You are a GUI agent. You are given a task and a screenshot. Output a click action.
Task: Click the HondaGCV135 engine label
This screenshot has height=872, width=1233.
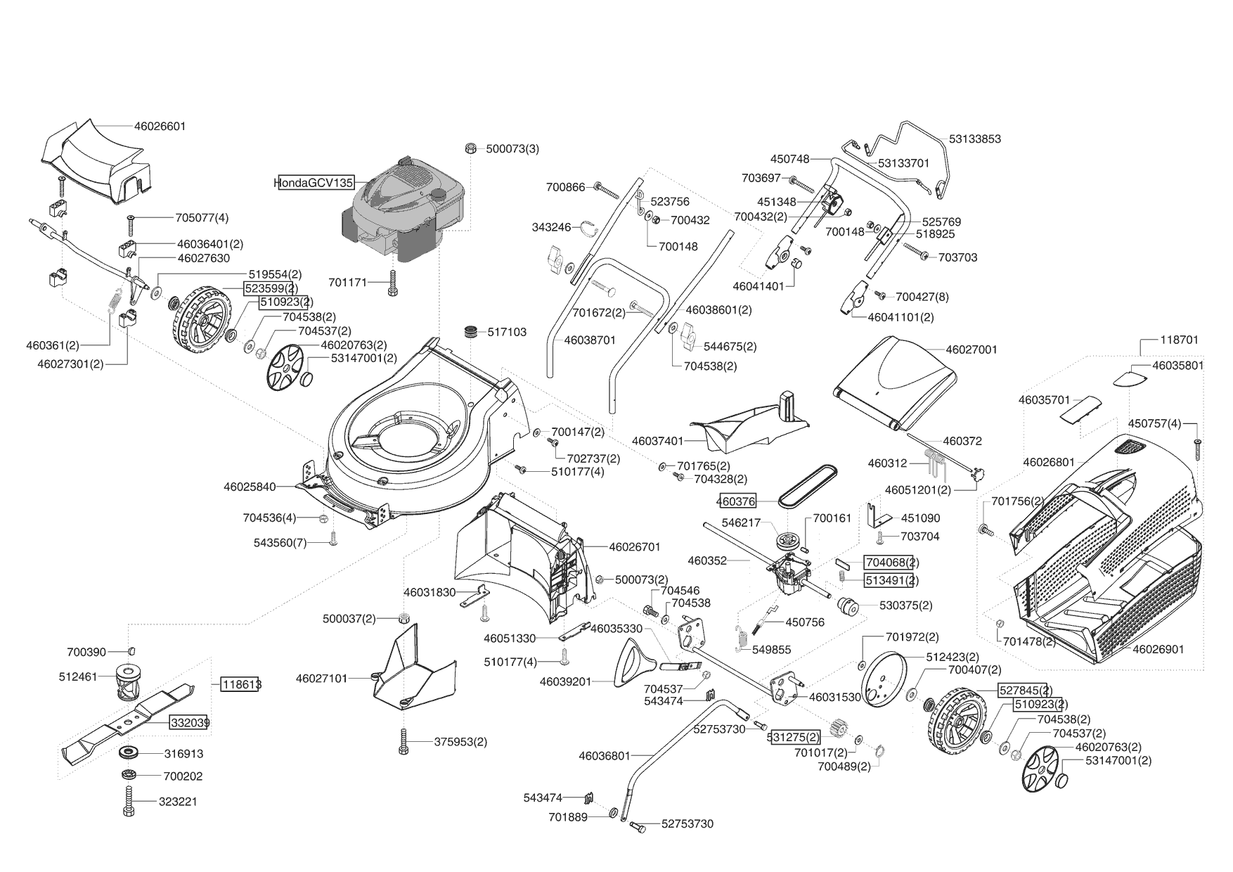click(x=315, y=183)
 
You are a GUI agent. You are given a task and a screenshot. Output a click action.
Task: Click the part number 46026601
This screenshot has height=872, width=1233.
click(x=160, y=127)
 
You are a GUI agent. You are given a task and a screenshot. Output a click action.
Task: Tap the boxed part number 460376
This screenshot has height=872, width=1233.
click(x=737, y=501)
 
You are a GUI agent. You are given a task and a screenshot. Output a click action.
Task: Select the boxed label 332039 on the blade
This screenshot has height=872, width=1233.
click(x=188, y=722)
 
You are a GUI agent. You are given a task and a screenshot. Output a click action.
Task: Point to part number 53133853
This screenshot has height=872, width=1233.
click(x=974, y=139)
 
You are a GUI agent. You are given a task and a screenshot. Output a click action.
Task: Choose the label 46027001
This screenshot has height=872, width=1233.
click(x=971, y=350)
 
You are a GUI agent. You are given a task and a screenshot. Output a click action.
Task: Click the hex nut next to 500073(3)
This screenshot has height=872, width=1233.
click(x=472, y=148)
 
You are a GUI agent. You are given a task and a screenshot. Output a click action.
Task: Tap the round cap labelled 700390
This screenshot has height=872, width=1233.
click(x=131, y=651)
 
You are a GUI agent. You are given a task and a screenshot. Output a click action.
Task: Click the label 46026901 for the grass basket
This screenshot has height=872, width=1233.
click(x=1158, y=649)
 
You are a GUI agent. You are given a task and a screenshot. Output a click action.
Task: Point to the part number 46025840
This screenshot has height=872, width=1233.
click(x=250, y=486)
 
